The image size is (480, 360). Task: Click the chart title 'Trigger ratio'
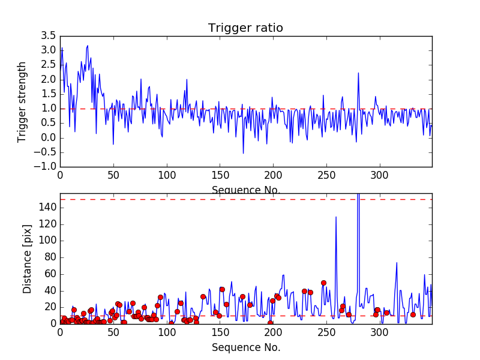pos(245,28)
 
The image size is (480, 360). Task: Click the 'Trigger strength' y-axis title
pos(22,101)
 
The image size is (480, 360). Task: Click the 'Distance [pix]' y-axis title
pos(27,264)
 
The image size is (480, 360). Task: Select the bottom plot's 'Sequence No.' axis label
pos(245,347)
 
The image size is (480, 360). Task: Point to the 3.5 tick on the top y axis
pos(48,35)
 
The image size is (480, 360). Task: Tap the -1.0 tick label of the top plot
pos(44,167)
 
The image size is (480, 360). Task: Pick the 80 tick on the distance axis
pos(49,257)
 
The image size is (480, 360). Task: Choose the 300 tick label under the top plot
pos(379,176)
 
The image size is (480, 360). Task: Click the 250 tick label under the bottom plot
pos(326,333)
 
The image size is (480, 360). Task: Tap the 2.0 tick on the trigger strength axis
pos(48,79)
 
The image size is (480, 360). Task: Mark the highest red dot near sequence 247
pos(323,283)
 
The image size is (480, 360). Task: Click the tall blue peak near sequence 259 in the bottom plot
pos(336,217)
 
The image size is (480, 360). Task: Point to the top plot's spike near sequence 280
pos(358,73)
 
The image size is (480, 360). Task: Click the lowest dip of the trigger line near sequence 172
pos(243,153)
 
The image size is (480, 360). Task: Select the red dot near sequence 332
pos(413,314)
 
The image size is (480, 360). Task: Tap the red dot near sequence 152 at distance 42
pos(222,289)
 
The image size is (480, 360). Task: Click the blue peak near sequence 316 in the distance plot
pos(397,263)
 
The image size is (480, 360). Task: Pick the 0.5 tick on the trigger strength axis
pos(48,123)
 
